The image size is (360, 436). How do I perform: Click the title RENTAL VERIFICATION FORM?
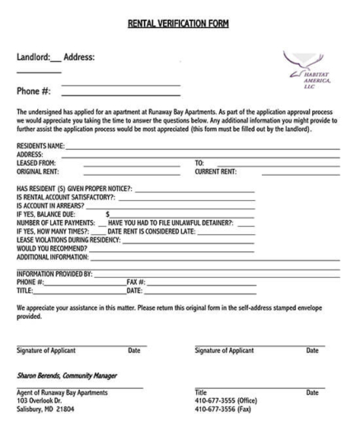[179, 23]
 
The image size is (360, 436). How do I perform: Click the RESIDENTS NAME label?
[42, 145]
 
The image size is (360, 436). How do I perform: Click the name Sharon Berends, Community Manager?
[67, 376]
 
